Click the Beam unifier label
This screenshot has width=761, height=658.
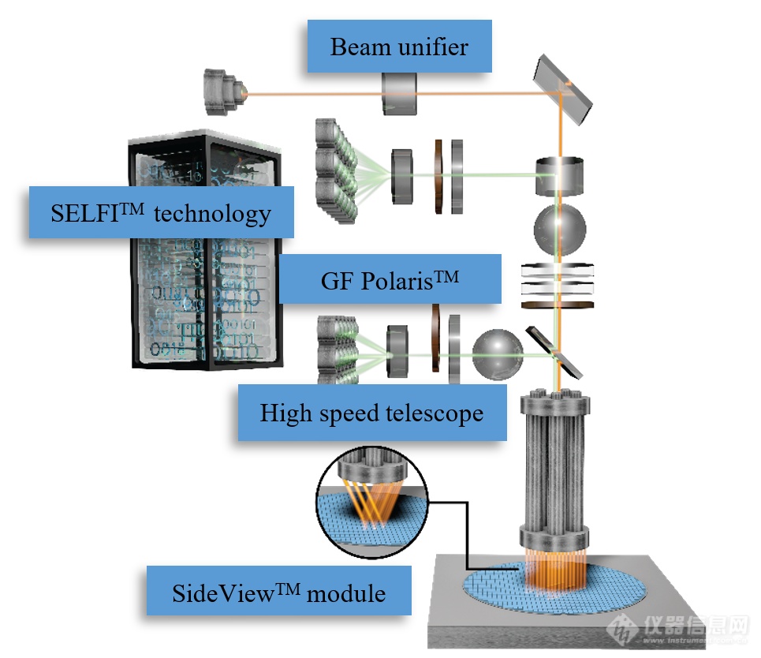[x=400, y=46]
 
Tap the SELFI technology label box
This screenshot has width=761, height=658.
[x=161, y=212]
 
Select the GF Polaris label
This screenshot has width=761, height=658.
[x=390, y=279]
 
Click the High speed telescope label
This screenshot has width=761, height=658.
[x=372, y=413]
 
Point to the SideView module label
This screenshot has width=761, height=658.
[x=279, y=591]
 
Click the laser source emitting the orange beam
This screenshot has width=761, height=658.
[x=225, y=92]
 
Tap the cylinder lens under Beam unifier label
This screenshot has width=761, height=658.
[x=400, y=94]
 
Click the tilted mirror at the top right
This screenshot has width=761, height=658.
[x=563, y=89]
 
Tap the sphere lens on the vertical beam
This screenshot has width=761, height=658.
[x=560, y=230]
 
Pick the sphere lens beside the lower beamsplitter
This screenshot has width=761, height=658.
[x=498, y=354]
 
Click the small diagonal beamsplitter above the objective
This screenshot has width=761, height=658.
[x=554, y=352]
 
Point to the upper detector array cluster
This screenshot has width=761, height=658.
[x=336, y=171]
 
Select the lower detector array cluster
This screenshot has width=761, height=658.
[x=338, y=350]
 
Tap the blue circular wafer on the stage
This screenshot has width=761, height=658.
[x=554, y=587]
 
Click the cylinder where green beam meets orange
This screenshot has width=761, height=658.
[x=559, y=176]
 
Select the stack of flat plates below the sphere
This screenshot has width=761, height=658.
[x=558, y=286]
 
